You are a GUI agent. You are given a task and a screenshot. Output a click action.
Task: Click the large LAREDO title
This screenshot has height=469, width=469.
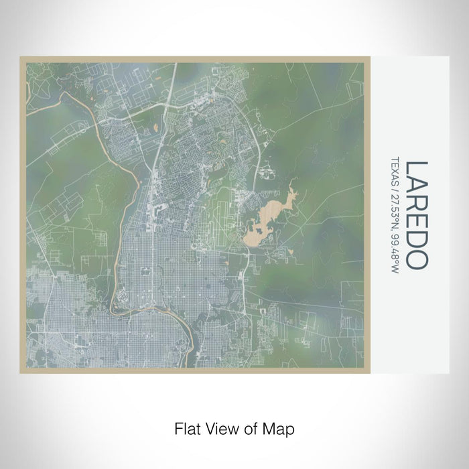pos(416,214)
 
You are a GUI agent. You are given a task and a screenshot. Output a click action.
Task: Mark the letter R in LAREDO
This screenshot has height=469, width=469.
pos(416,203)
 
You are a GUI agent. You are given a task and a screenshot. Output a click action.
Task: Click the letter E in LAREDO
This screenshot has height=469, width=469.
pos(416,222)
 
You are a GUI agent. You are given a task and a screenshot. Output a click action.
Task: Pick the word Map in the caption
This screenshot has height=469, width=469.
pos(281,427)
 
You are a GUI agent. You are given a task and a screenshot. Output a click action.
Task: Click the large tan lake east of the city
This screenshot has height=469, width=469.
pos(258,230)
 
